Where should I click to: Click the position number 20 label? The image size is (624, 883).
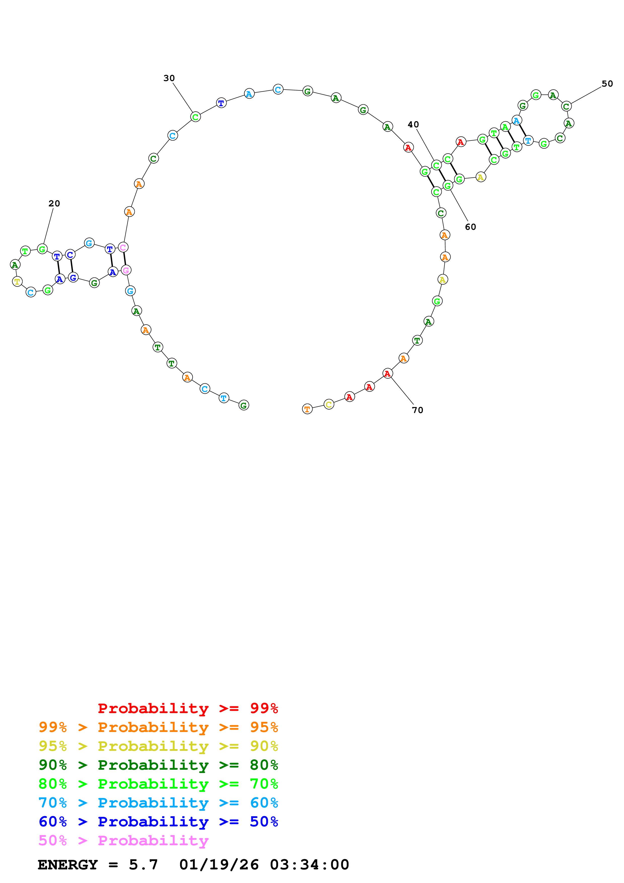pos(54,203)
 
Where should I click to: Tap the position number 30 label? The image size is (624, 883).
pos(169,78)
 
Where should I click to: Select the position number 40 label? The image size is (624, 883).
pos(413,124)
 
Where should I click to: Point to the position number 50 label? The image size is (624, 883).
pos(607,84)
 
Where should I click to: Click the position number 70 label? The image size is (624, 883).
pos(418,410)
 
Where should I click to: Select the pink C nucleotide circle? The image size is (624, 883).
pos(123,247)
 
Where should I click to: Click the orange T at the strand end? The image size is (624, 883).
pos(307,409)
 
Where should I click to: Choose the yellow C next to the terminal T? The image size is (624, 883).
pos(329,404)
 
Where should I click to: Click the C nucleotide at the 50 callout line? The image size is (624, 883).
pos(566,106)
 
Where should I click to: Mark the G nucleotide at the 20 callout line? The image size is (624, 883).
pos(42,249)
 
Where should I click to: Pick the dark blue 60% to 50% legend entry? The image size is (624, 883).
pos(158,822)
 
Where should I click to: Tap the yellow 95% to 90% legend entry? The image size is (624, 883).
pos(158,746)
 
